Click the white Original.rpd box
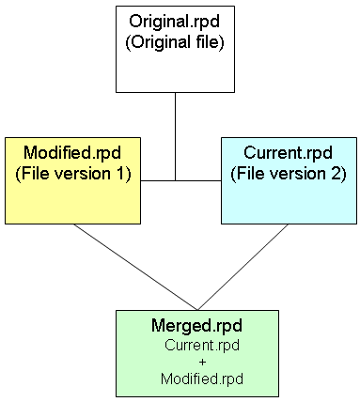(x=175, y=49)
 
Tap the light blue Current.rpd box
(x=289, y=180)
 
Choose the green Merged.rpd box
(x=197, y=353)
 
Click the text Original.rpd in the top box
(x=175, y=22)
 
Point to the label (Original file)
(x=175, y=41)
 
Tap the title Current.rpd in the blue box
(x=289, y=152)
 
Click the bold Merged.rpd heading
(x=197, y=326)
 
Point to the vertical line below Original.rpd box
(x=175, y=131)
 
